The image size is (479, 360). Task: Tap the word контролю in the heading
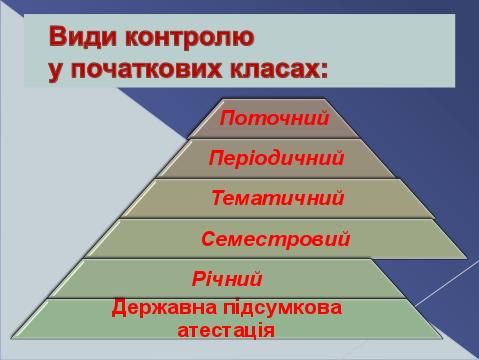tap(190, 37)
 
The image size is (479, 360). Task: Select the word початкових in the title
tap(146, 70)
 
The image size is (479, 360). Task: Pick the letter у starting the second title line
tap(56, 72)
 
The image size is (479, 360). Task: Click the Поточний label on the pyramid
tap(274, 118)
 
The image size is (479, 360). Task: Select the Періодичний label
tap(276, 158)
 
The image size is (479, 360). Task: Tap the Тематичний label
tap(278, 198)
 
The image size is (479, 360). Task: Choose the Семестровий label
tap(276, 239)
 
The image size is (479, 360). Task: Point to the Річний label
tap(227, 279)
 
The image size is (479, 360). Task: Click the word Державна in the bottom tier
tap(164, 308)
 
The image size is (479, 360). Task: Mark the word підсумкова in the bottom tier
tap(283, 308)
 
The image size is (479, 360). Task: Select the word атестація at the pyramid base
tap(226, 330)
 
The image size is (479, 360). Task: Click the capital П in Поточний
tap(228, 118)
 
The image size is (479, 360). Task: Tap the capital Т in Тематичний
tap(218, 198)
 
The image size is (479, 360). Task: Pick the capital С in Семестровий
tap(209, 239)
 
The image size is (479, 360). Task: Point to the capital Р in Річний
tap(199, 279)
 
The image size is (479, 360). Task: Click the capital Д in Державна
tap(119, 308)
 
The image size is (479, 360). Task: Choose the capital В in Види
tap(57, 37)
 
